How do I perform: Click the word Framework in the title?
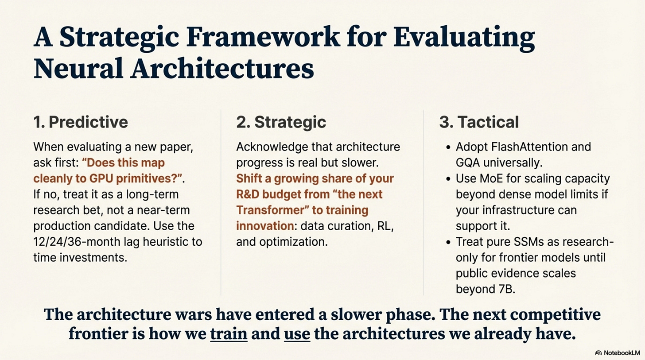click(x=264, y=37)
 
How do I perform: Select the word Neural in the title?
click(x=78, y=69)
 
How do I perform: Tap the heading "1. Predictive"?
click(x=81, y=122)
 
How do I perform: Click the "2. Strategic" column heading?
click(x=281, y=122)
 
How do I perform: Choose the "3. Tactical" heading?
click(x=479, y=122)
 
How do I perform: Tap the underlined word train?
click(x=229, y=334)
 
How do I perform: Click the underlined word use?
click(x=297, y=334)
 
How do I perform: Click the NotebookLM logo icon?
click(x=598, y=353)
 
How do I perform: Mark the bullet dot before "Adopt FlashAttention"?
click(x=448, y=147)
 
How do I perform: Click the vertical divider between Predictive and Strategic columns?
click(x=221, y=202)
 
